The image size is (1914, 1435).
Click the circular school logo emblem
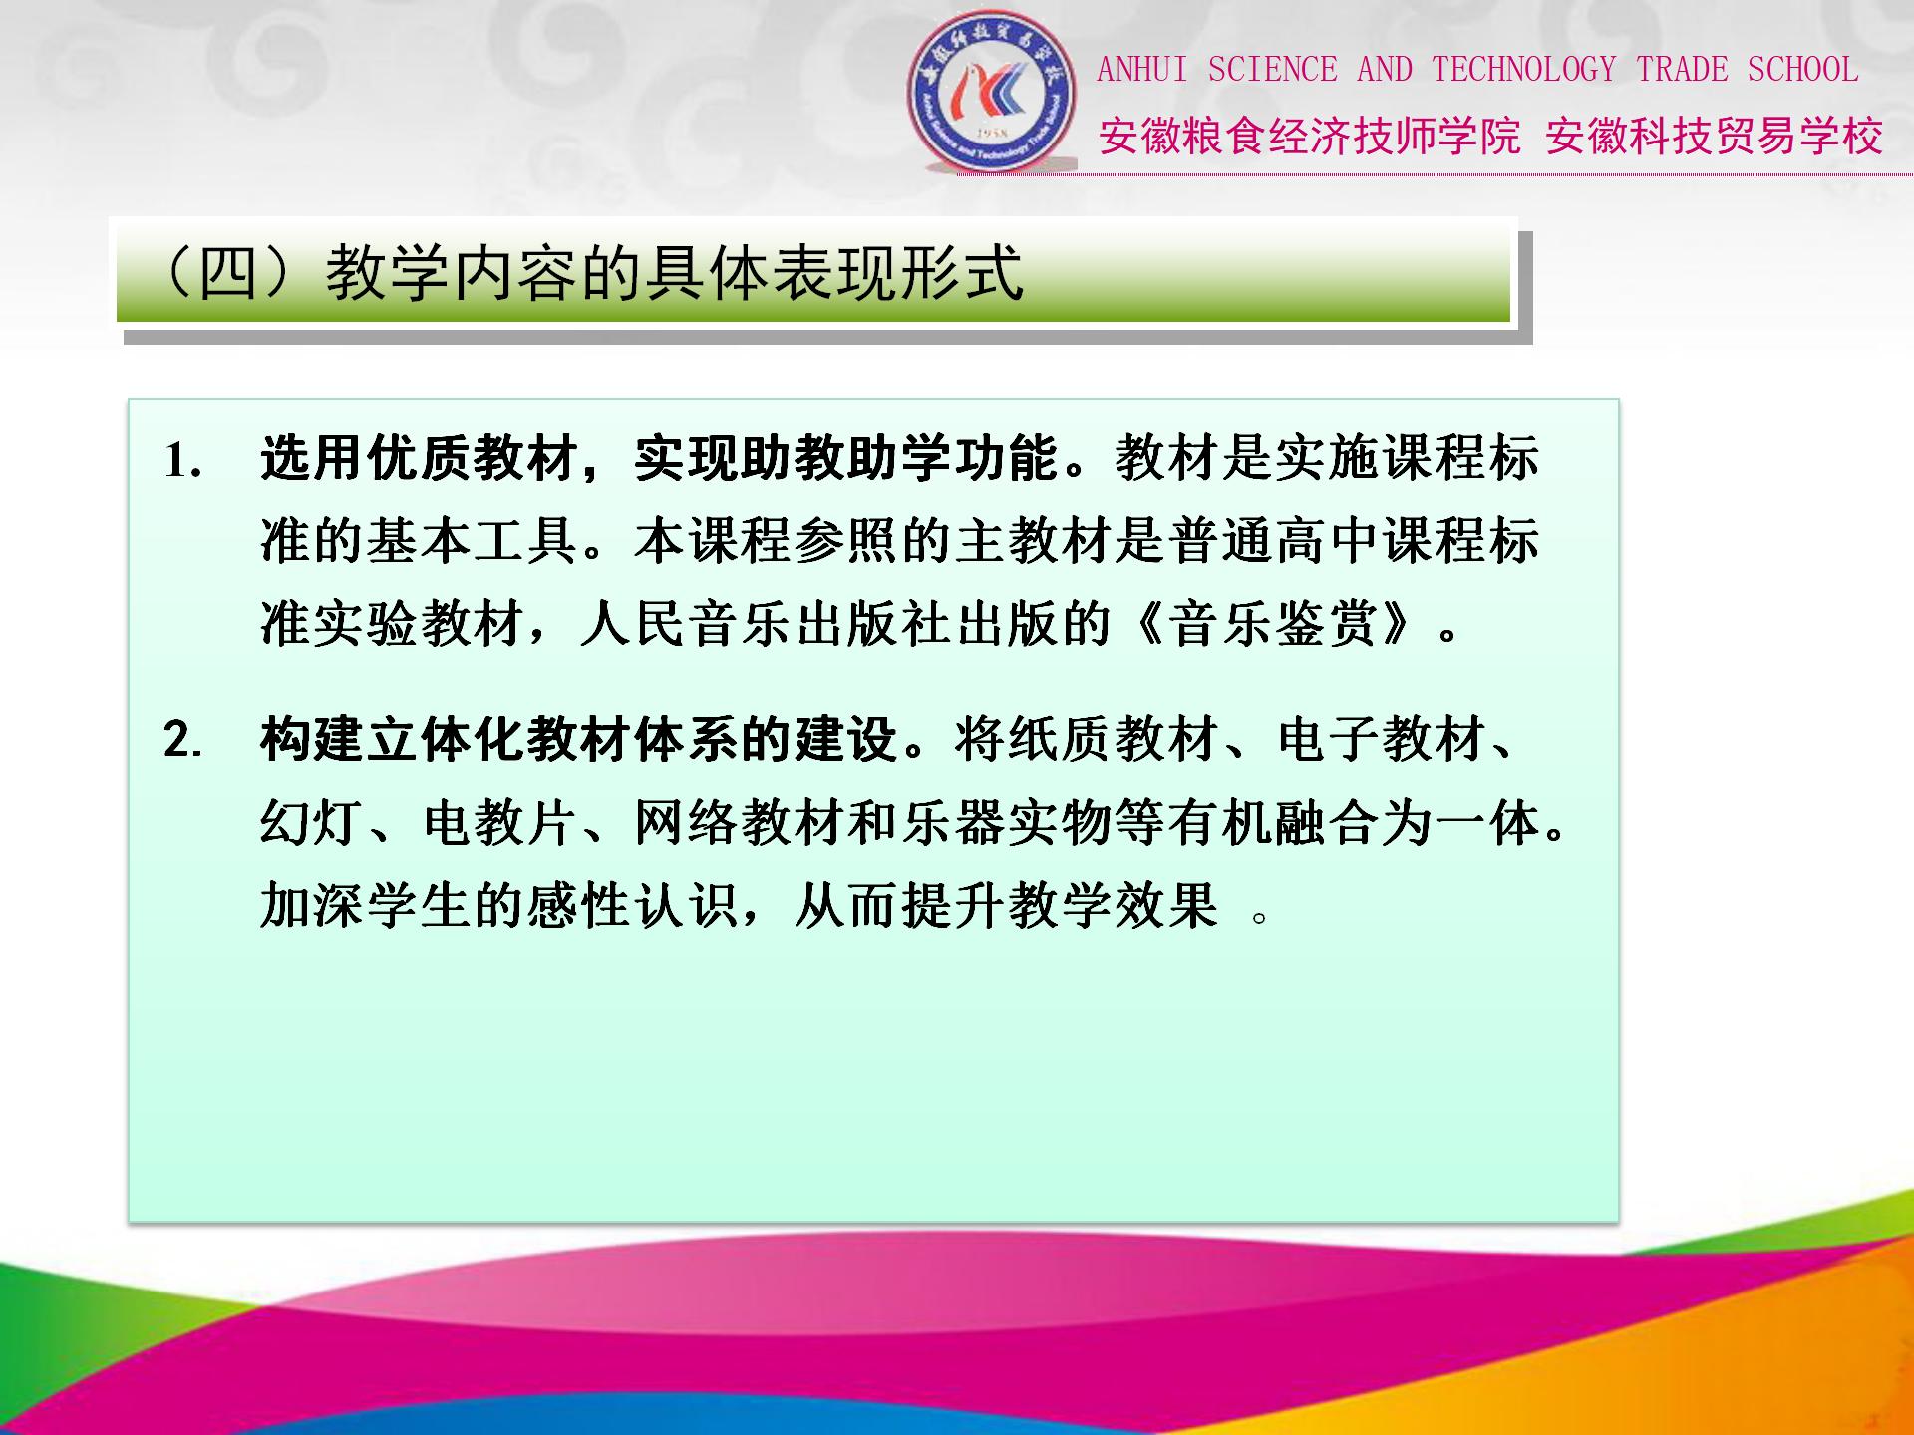click(992, 92)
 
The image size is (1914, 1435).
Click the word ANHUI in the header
click(1141, 70)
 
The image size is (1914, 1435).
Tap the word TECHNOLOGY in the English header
click(1523, 70)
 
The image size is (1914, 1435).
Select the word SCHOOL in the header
click(1802, 70)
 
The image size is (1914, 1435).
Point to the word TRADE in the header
click(1682, 70)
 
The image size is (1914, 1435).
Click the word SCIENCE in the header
click(1272, 70)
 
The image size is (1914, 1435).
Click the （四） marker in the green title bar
click(227, 273)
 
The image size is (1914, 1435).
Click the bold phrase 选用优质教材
click(418, 459)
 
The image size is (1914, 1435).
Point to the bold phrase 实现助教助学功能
click(846, 459)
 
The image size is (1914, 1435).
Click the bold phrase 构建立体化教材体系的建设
click(579, 740)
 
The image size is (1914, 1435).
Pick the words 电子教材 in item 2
click(1383, 740)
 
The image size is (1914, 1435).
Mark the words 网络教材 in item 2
click(739, 824)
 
